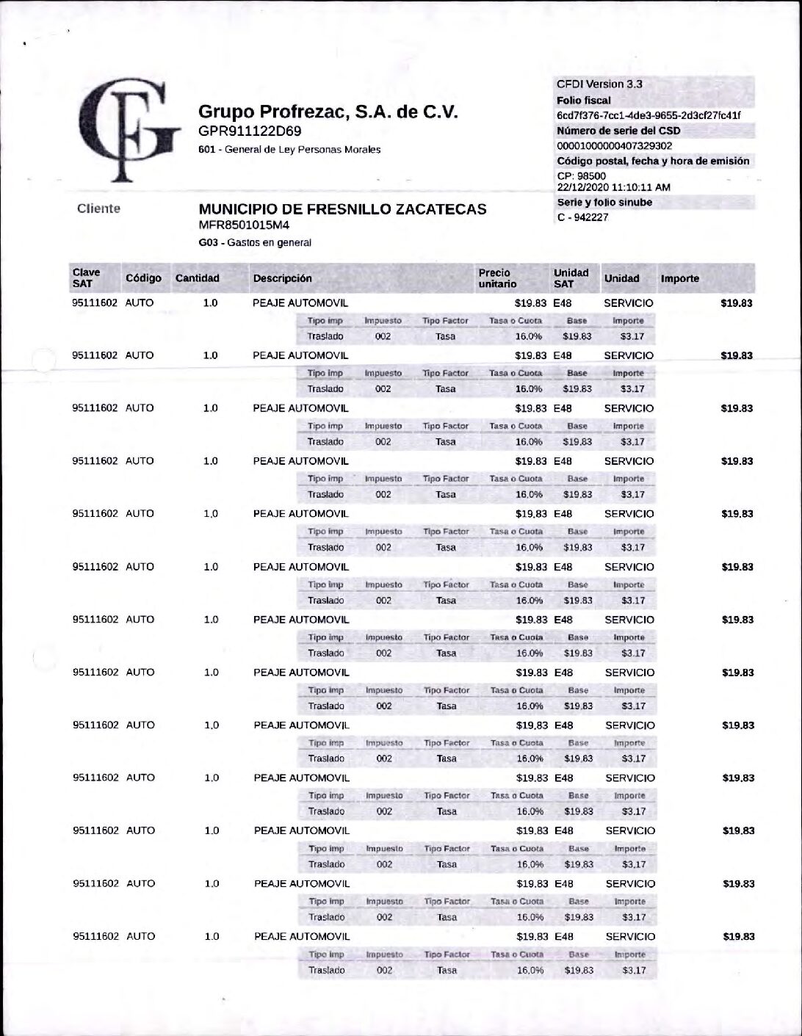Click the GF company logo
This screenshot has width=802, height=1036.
(129, 129)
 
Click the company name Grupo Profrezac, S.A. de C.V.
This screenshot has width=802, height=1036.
(328, 112)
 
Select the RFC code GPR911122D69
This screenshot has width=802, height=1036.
(250, 131)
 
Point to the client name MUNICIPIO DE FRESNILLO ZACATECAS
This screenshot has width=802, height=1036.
(342, 209)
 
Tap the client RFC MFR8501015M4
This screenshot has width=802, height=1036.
(244, 225)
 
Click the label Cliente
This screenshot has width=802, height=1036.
(98, 209)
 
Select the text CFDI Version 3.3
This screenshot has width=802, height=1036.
(599, 84)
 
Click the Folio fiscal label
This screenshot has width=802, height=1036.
(584, 101)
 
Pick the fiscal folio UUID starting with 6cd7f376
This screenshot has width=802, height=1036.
(649, 115)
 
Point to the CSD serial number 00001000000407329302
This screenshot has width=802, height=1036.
(615, 146)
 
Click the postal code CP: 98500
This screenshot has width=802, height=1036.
(582, 176)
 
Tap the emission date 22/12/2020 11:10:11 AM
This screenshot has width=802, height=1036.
(613, 187)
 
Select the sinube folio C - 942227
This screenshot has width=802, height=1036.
(583, 217)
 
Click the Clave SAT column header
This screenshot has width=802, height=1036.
(86, 278)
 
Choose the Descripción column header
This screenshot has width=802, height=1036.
(283, 279)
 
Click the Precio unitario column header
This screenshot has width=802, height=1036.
(497, 278)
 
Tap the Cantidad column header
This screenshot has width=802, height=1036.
(197, 278)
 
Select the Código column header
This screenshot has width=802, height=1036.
(143, 278)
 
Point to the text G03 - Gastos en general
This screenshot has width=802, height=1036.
(255, 242)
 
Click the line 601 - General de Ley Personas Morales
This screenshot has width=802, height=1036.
(289, 150)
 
